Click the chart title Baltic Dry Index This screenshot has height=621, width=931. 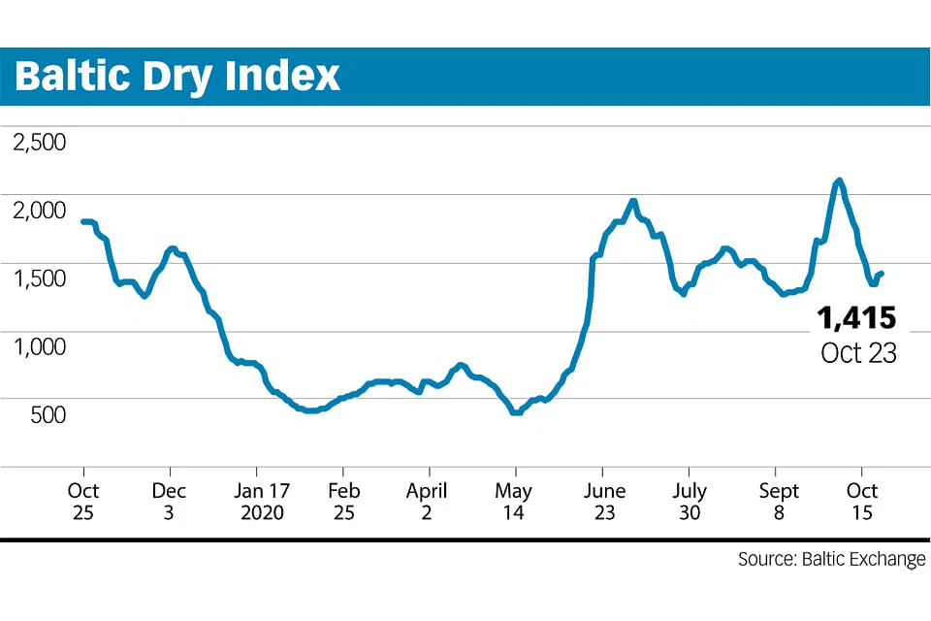click(177, 76)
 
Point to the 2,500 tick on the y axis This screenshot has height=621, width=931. click(39, 143)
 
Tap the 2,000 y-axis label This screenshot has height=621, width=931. click(39, 210)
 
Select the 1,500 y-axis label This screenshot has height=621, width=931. click(39, 278)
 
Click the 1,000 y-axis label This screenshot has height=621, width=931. click(39, 346)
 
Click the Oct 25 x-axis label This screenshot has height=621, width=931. click(82, 501)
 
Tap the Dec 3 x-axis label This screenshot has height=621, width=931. click(168, 501)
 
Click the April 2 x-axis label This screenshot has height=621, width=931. click(427, 501)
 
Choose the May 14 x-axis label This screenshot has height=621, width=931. click(513, 501)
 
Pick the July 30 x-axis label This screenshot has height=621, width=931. click(689, 501)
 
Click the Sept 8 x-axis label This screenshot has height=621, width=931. click(779, 501)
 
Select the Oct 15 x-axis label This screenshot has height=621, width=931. click(862, 501)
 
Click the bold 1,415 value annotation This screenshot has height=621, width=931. click(856, 317)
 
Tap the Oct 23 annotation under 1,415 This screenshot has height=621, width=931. click(858, 353)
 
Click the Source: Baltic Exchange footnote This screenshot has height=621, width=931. click(831, 560)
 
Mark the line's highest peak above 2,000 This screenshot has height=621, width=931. click(839, 180)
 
